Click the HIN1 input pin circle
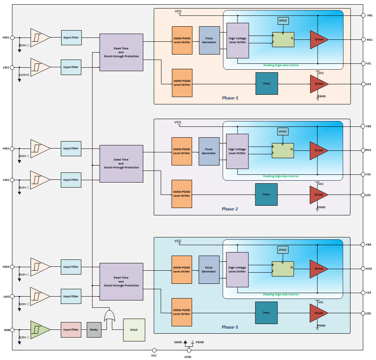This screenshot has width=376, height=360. click(x=12, y=38)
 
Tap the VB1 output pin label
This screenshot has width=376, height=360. click(x=370, y=15)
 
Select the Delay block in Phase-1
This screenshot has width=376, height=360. click(x=267, y=84)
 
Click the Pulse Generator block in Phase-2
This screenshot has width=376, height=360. click(x=209, y=151)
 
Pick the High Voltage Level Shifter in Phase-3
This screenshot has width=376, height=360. click(x=237, y=270)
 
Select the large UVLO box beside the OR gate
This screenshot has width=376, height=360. click(x=134, y=330)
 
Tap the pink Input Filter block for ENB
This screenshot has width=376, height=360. click(x=71, y=330)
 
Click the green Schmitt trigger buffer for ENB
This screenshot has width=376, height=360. click(x=39, y=330)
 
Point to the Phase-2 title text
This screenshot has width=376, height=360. click(x=230, y=209)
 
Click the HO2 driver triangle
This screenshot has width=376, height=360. click(x=318, y=150)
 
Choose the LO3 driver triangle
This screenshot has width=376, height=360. click(x=318, y=313)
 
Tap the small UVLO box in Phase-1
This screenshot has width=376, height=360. click(x=283, y=20)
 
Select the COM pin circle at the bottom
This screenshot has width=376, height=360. click(x=189, y=350)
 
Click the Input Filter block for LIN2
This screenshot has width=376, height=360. click(x=71, y=180)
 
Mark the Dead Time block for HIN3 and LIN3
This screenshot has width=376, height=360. click(x=121, y=282)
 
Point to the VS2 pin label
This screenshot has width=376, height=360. click(x=368, y=174)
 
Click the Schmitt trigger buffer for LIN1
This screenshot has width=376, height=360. click(x=39, y=67)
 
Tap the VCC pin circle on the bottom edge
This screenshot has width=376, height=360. click(x=154, y=350)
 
